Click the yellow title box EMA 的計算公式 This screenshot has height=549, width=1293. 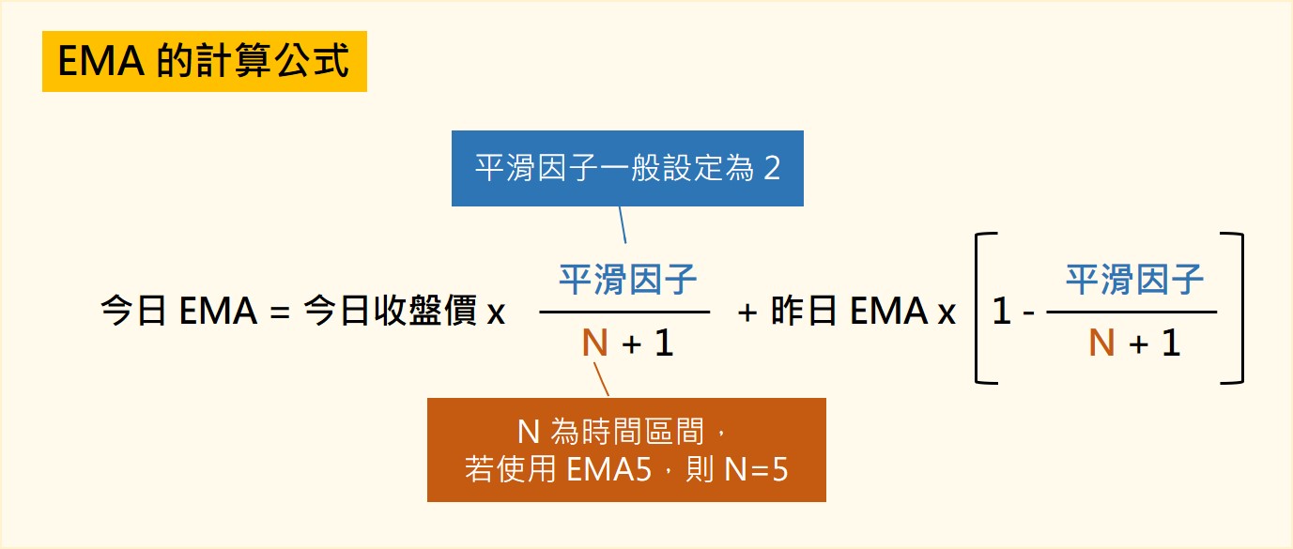click(204, 62)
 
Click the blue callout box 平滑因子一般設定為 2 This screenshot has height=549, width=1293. click(627, 169)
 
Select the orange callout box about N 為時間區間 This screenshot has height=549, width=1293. click(626, 450)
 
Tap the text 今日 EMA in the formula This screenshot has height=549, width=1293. click(178, 313)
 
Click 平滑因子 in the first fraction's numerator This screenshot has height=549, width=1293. click(627, 280)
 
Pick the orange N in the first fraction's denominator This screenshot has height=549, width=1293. click(594, 343)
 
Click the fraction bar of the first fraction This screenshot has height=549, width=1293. click(625, 312)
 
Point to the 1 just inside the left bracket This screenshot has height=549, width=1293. click(1002, 313)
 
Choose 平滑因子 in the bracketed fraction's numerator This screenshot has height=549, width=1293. click(1134, 280)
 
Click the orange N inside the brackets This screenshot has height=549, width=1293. click(1101, 343)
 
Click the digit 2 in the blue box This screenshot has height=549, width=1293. click(771, 170)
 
